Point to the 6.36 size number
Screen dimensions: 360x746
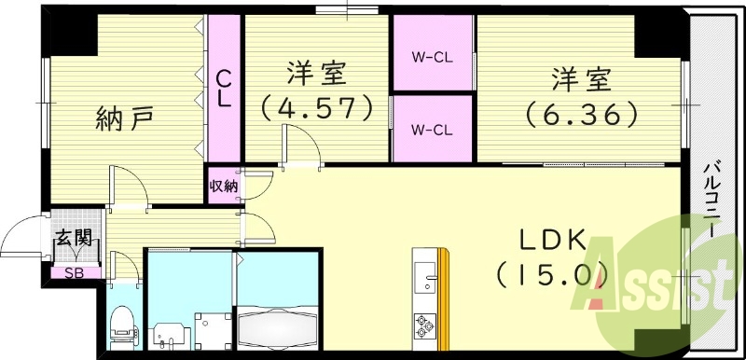pos(581,113)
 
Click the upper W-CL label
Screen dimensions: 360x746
pos(433,55)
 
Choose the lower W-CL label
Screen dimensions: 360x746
pos(433,129)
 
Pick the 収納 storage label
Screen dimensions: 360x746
pos(223,185)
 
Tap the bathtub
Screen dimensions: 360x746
pos(278,326)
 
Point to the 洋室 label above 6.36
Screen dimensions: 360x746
pos(581,76)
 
